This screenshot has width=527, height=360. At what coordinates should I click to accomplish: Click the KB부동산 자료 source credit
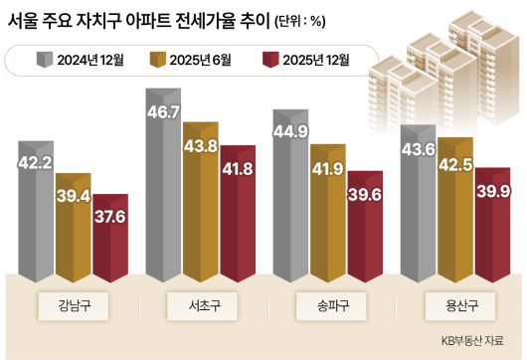[476, 341]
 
